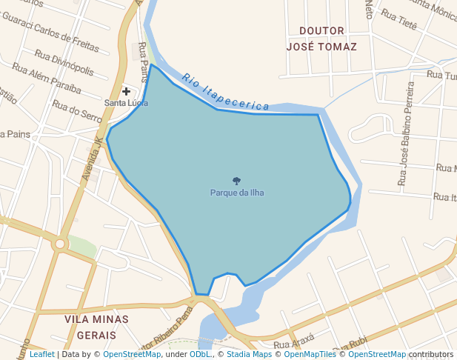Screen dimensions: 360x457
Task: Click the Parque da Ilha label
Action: [x=237, y=193]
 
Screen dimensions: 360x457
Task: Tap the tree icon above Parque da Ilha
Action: [x=237, y=181]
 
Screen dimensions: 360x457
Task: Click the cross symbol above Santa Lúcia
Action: [x=127, y=91]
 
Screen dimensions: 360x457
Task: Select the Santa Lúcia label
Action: [x=126, y=103]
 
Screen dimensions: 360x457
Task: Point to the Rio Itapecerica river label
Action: [x=216, y=93]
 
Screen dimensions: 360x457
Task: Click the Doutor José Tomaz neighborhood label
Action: [x=321, y=38]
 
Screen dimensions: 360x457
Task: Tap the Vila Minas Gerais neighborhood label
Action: [x=96, y=327]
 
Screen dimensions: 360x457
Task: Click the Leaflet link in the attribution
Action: [x=41, y=355]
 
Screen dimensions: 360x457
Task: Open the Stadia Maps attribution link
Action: [x=248, y=355]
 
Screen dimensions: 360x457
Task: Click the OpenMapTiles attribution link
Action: [x=306, y=355]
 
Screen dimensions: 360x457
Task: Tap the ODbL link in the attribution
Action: [x=200, y=355]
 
